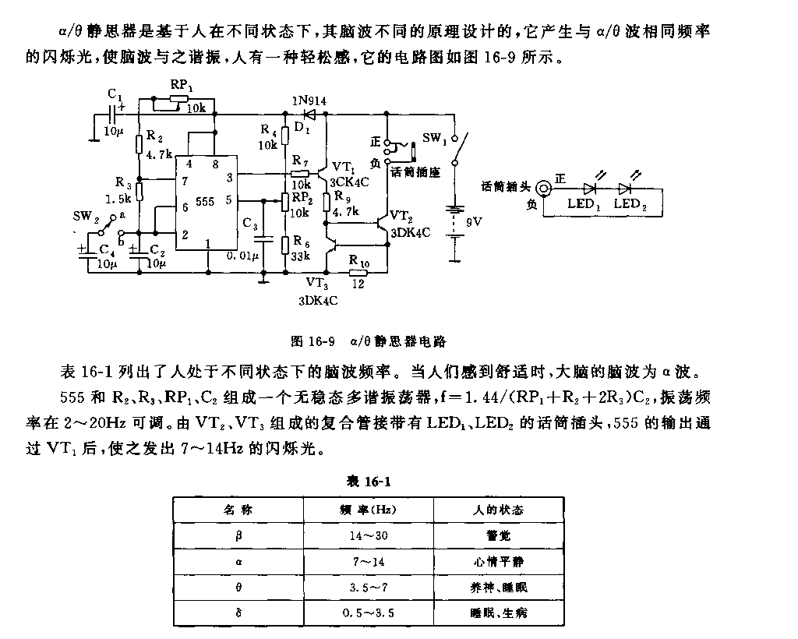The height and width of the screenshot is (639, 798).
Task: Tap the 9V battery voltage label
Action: click(474, 221)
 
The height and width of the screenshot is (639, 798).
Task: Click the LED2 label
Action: click(630, 204)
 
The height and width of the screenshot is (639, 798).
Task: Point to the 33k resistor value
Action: click(300, 256)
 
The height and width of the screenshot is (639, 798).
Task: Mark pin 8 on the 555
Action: click(216, 164)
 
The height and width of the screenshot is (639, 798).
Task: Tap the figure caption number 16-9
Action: click(320, 341)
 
